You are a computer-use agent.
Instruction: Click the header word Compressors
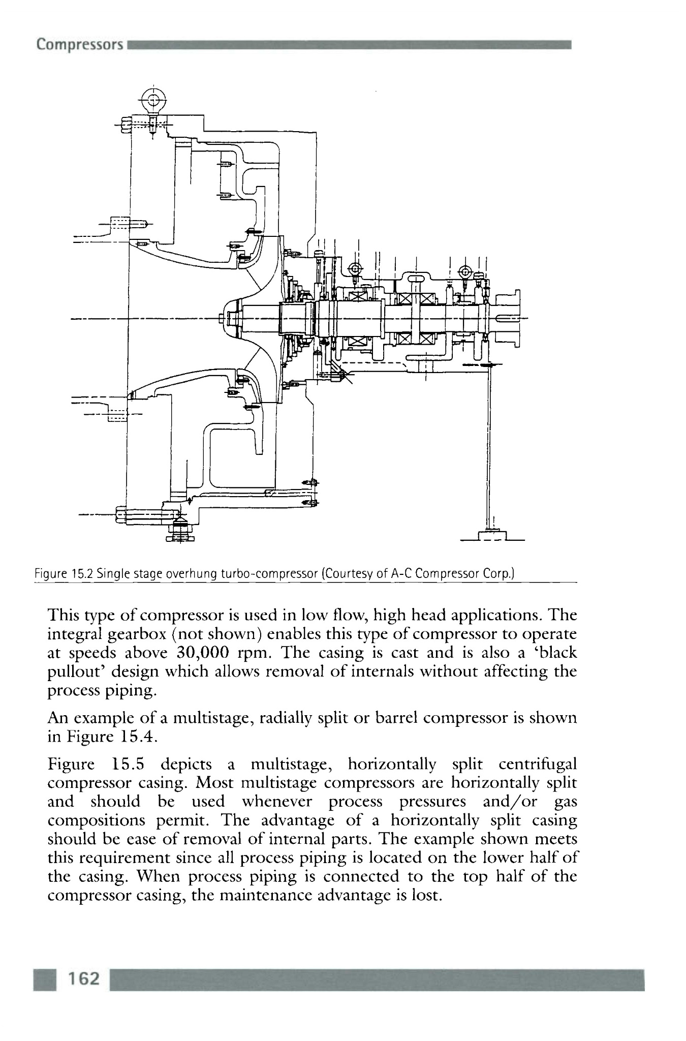[80, 45]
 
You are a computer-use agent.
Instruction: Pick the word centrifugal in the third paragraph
[538, 764]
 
